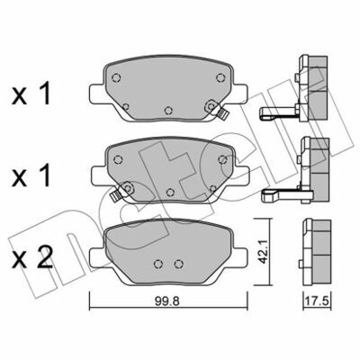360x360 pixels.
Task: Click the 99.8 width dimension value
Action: click(167, 301)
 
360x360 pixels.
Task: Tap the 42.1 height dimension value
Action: click(263, 253)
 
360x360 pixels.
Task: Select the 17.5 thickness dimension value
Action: click(318, 301)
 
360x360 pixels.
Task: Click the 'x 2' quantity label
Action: click(31, 257)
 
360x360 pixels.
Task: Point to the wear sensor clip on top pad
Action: click(222, 113)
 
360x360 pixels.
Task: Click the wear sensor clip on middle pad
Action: click(115, 195)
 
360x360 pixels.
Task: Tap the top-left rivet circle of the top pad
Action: click(116, 78)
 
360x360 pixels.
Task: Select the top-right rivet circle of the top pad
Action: click(220, 77)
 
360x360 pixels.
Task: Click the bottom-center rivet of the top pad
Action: click(168, 111)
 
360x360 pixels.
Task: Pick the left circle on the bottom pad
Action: click(158, 264)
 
